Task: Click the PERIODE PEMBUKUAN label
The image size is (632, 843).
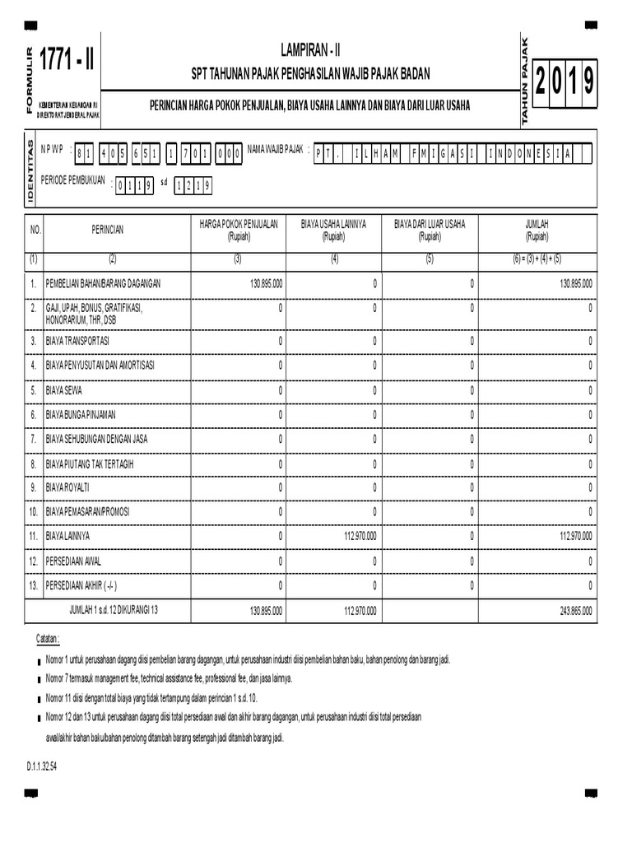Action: pyautogui.click(x=73, y=181)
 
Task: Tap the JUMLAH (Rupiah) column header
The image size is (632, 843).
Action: pyautogui.click(x=537, y=230)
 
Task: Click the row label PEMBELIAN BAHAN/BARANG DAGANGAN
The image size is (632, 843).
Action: pyautogui.click(x=104, y=283)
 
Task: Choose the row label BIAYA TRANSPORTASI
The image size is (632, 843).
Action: pyautogui.click(x=78, y=340)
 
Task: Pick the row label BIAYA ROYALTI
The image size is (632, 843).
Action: pyautogui.click(x=69, y=487)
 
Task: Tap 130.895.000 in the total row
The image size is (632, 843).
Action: pyautogui.click(x=265, y=611)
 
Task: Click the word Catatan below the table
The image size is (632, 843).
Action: pyautogui.click(x=47, y=639)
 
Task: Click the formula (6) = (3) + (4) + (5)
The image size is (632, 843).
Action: pyautogui.click(x=537, y=259)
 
